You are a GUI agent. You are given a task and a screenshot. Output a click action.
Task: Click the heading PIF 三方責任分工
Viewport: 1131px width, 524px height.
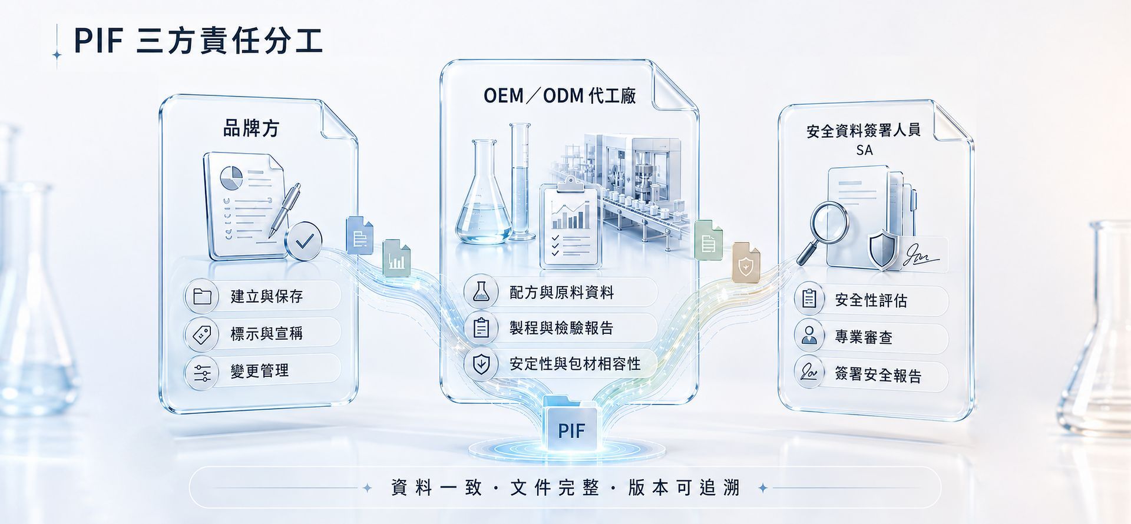point(198,41)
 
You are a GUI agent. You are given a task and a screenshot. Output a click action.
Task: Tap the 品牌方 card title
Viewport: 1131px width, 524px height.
point(251,128)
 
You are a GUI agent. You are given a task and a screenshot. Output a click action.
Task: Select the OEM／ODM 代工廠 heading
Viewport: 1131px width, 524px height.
point(560,95)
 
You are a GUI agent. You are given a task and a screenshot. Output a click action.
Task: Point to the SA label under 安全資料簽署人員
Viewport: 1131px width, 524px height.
point(864,150)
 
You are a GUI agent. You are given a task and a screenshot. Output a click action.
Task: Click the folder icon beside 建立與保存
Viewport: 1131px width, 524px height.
point(202,296)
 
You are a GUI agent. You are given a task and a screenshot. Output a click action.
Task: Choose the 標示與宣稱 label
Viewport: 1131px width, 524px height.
point(266,333)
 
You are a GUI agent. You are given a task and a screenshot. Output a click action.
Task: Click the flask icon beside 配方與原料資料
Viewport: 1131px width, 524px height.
point(481,291)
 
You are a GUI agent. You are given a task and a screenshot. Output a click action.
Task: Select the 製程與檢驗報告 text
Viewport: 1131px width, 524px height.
point(561,327)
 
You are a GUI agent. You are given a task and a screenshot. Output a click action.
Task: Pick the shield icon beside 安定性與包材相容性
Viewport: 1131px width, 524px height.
point(481,364)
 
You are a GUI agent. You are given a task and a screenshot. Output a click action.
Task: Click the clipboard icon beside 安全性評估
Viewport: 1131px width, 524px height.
point(809,299)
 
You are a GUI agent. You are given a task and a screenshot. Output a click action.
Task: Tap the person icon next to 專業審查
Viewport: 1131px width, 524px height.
point(809,336)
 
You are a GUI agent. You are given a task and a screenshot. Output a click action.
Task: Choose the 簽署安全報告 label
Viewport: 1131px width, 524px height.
point(878,374)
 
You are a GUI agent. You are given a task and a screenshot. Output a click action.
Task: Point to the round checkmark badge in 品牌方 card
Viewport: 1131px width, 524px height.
point(304,241)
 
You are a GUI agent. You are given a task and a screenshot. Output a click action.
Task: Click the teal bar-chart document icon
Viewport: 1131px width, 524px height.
point(396,258)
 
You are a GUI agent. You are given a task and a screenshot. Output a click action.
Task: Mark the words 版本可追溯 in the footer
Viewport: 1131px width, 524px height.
point(683,488)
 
